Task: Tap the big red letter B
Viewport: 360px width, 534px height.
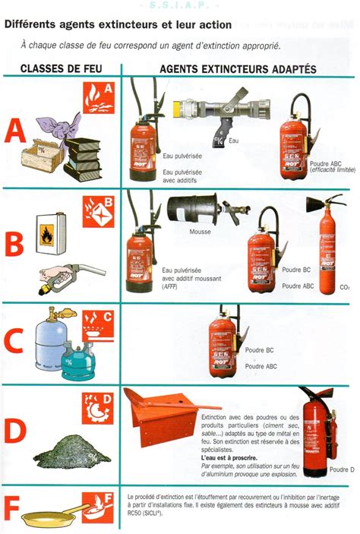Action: pos(15,246)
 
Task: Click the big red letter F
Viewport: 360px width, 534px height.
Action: pos(13,509)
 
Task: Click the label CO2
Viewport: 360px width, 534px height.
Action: pos(344,288)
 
